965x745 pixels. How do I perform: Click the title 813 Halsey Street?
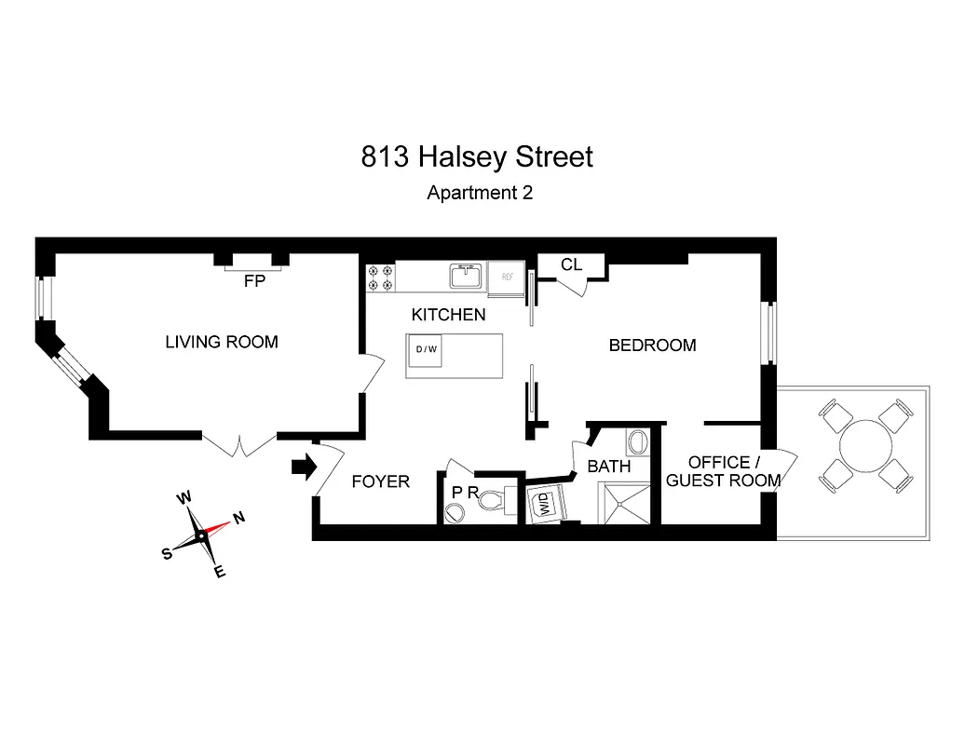[477, 156]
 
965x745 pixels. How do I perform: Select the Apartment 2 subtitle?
[480, 194]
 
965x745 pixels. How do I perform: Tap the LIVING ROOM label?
[222, 342]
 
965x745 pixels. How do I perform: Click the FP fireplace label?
[254, 280]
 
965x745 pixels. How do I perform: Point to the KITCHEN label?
[448, 315]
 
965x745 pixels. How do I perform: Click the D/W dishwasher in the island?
[427, 350]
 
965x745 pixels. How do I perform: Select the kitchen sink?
[465, 276]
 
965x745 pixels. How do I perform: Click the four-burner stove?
[380, 278]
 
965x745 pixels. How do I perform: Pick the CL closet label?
[571, 265]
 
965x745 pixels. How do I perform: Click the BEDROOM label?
[652, 345]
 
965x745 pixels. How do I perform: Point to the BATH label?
[608, 467]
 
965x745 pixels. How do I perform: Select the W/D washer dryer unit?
[541, 505]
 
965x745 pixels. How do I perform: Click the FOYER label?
[380, 481]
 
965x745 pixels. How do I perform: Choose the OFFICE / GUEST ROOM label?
[723, 471]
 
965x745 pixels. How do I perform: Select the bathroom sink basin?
[638, 441]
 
